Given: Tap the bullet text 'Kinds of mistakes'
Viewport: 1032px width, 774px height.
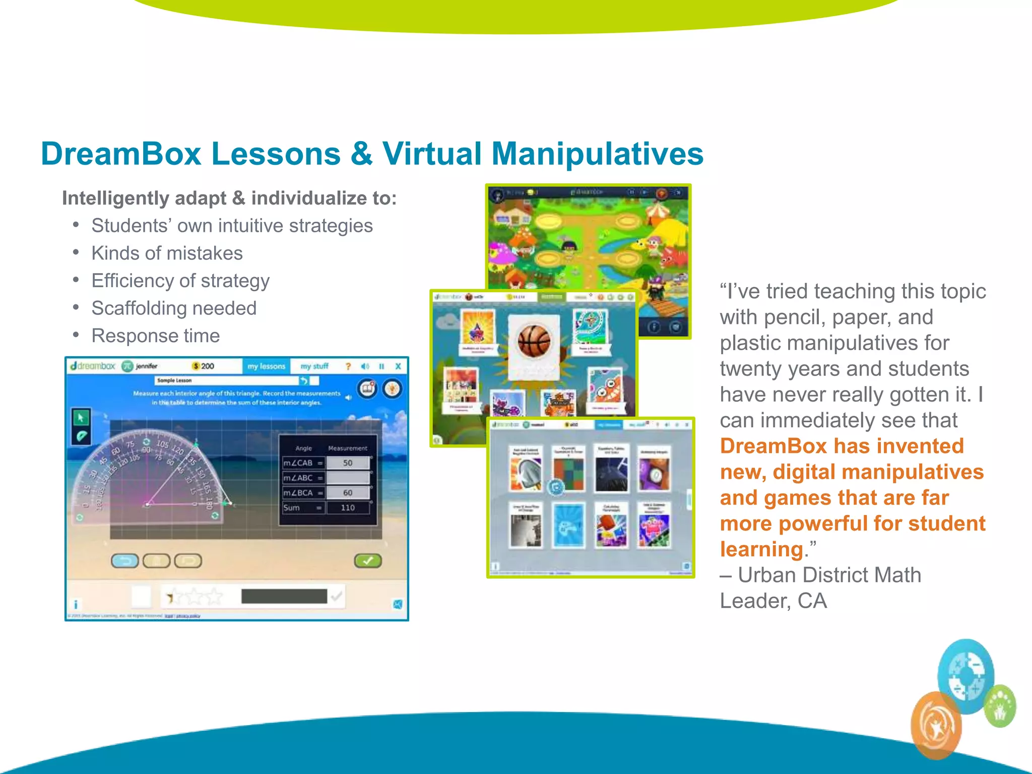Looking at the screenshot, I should point(167,253).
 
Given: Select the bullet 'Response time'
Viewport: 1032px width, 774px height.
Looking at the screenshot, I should point(156,336).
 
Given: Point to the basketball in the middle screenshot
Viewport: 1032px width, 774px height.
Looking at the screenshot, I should point(534,341).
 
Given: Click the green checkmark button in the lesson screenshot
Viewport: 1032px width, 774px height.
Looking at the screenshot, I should point(368,560).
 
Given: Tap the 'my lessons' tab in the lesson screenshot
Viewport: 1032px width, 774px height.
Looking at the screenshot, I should point(267,366).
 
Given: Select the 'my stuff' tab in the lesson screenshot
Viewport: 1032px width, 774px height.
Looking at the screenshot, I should point(314,366).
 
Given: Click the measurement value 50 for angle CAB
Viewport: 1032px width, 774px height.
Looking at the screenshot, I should point(348,463).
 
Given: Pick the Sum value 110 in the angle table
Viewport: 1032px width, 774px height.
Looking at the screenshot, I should point(348,507).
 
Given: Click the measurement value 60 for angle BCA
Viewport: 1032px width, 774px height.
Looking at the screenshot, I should point(348,492).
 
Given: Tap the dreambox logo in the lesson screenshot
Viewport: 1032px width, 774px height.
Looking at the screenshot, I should point(93,366).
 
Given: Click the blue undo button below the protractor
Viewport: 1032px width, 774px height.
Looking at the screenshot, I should point(124,560).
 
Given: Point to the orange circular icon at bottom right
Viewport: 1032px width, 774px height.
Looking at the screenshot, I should point(936,726).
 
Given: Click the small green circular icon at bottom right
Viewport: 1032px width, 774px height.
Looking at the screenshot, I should point(1000,706).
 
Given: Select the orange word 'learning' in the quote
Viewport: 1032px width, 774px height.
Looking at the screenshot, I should point(761,549).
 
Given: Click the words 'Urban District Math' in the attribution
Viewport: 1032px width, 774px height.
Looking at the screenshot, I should point(829,575).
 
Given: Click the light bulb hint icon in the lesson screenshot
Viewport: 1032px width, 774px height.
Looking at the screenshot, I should point(393,389).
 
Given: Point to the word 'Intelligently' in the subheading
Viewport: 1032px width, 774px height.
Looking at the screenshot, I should point(115,199).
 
